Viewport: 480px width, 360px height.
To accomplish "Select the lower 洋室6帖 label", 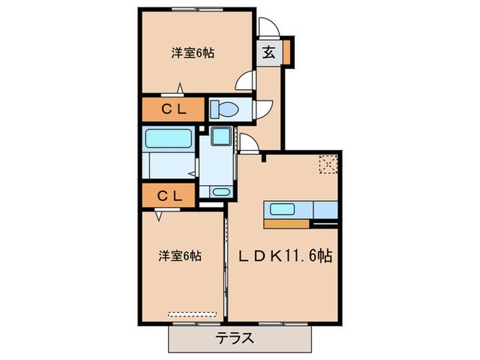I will (179, 256).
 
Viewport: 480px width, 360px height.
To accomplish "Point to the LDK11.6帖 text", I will (285, 256).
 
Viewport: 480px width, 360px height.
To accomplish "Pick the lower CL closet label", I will (171, 195).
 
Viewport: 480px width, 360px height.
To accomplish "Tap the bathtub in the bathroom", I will (168, 139).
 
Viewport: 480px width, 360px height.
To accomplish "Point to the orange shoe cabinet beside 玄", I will (287, 52).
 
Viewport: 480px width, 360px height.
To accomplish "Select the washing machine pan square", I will (221, 138).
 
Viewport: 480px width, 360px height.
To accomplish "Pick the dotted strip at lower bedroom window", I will (193, 314).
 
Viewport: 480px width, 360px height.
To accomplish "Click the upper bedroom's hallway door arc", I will (245, 82).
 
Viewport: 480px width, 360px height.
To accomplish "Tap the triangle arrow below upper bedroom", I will (180, 88).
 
